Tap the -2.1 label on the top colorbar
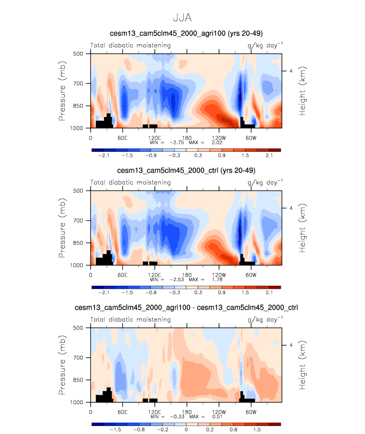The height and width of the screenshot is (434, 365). tap(104, 156)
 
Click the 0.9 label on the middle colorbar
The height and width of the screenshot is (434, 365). tap(223, 293)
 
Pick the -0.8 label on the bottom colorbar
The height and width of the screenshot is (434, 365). tap(140, 430)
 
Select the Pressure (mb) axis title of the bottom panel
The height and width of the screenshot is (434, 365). tap(62, 366)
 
